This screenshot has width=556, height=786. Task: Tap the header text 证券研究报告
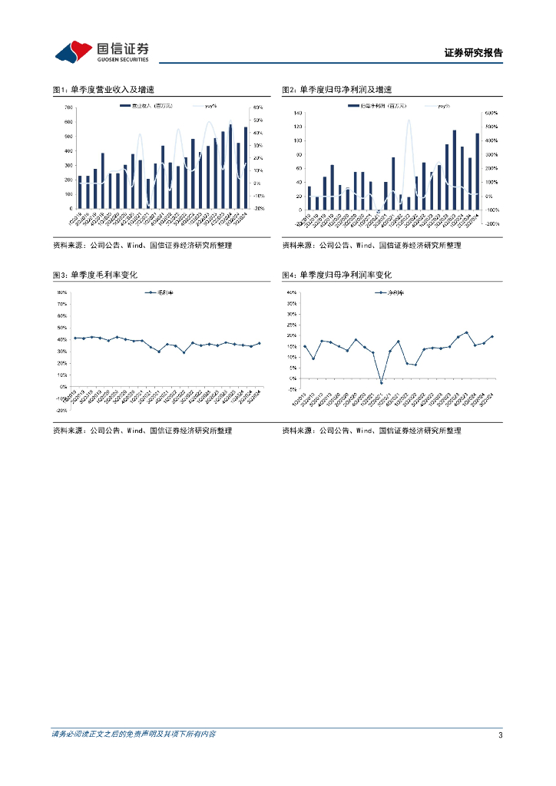tap(474, 53)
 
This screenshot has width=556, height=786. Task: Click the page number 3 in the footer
tap(500, 735)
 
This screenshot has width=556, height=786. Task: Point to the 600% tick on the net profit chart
tap(491, 113)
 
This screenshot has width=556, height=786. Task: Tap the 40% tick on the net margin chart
tap(291, 292)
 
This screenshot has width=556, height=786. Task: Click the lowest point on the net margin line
tap(381, 382)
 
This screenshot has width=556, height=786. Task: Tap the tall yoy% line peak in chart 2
tap(409, 121)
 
